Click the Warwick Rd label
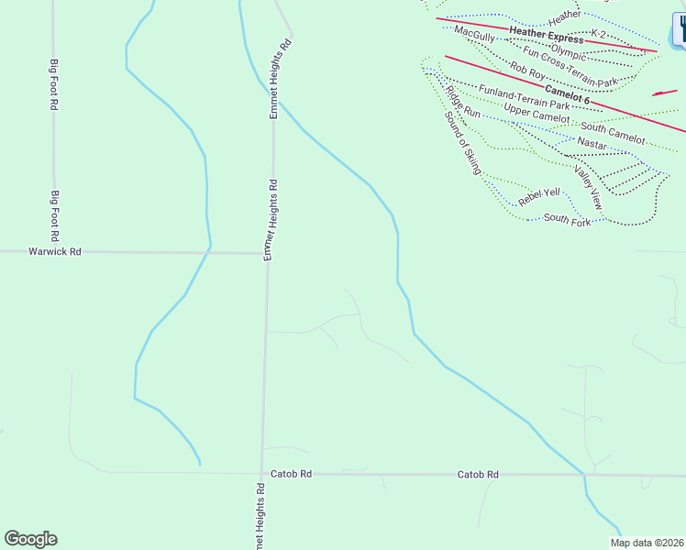pyautogui.click(x=55, y=251)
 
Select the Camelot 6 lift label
pyautogui.click(x=567, y=93)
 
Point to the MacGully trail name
pyautogui.click(x=475, y=34)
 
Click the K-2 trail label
pyautogui.click(x=598, y=34)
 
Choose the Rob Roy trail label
pyautogui.click(x=527, y=69)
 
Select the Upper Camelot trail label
pyautogui.click(x=537, y=114)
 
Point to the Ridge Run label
pyautogui.click(x=462, y=101)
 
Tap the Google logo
pyautogui.click(x=30, y=539)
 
